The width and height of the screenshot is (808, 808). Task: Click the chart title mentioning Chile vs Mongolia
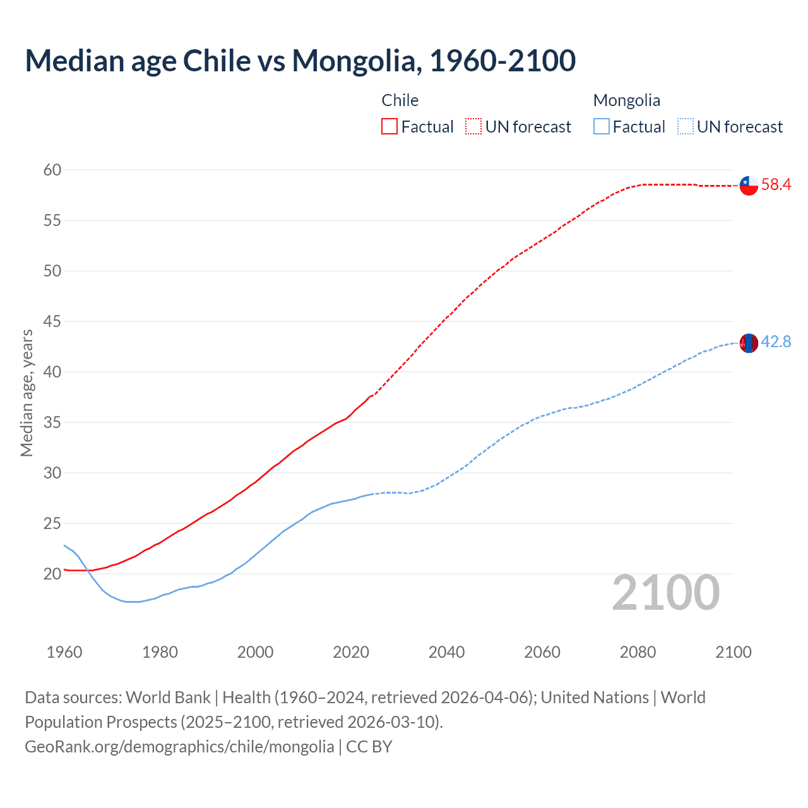[x=300, y=61]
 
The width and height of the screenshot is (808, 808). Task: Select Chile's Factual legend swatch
[x=389, y=127]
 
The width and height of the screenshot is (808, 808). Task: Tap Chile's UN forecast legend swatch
[x=473, y=127]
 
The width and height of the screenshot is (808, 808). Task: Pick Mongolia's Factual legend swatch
[x=602, y=127]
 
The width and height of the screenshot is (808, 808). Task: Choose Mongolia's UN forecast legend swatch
[x=685, y=127]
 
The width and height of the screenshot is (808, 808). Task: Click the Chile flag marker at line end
[x=749, y=186]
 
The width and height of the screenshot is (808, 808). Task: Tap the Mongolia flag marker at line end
[x=749, y=343]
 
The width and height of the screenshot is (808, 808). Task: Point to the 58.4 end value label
[x=776, y=185]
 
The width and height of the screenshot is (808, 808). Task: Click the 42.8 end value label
[x=776, y=342]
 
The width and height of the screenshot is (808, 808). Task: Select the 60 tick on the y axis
[x=52, y=170]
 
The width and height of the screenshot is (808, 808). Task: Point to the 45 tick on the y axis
[x=52, y=321]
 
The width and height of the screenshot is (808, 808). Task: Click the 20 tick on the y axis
[x=52, y=574]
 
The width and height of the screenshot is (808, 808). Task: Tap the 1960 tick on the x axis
[x=64, y=652]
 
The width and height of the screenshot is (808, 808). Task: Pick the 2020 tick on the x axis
[x=351, y=652]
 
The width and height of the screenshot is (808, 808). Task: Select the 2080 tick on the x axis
[x=638, y=652]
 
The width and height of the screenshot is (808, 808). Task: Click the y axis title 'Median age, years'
[x=27, y=393]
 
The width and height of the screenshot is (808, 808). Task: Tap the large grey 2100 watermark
[x=665, y=593]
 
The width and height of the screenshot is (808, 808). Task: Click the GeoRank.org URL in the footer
[x=179, y=747]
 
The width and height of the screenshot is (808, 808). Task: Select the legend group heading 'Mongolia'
[x=627, y=100]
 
